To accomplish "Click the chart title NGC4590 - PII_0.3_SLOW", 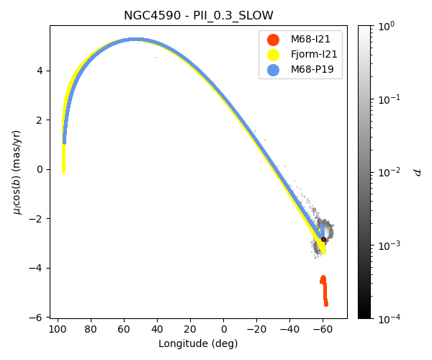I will (x=198, y=16).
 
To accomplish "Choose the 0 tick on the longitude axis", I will (x=223, y=328).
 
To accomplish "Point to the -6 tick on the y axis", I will (x=40, y=318).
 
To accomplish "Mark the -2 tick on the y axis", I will (x=40, y=219).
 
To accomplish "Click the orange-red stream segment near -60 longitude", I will (x=325, y=291).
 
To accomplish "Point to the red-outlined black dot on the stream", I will (x=323, y=239).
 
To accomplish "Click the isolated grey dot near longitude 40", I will (x=156, y=58).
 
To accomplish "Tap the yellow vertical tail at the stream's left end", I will (x=63, y=158).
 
